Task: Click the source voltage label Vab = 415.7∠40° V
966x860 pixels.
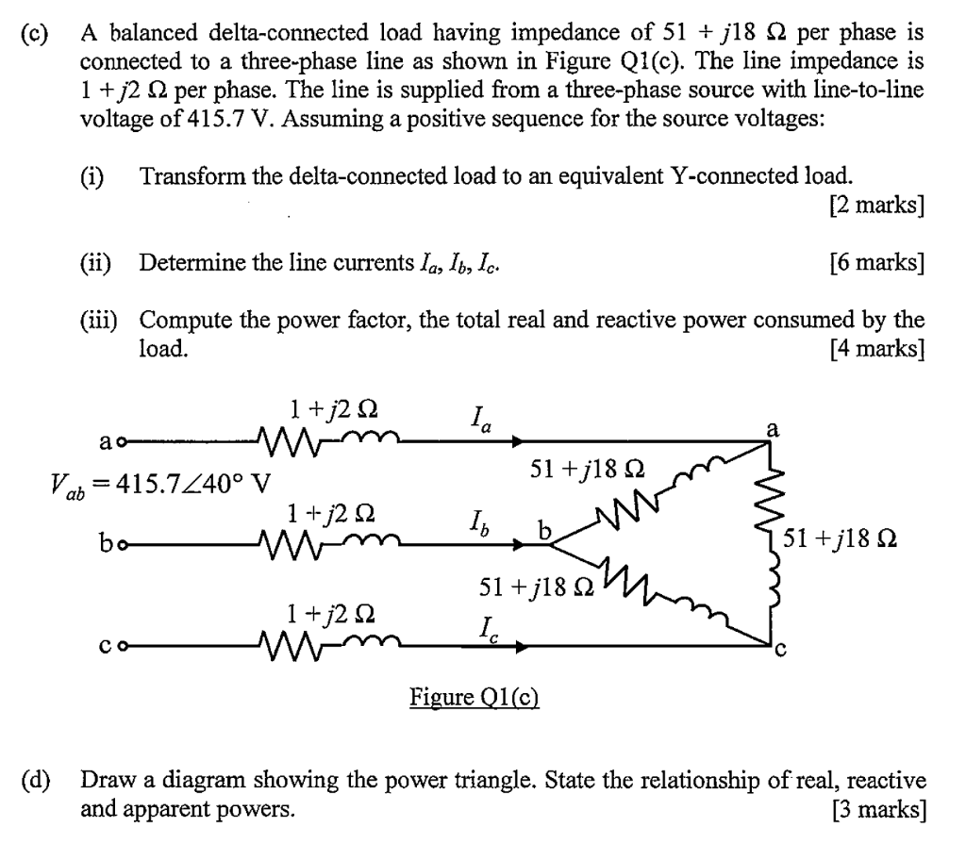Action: point(160,485)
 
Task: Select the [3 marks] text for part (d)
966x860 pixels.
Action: point(877,808)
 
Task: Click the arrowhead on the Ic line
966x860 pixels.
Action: point(521,647)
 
